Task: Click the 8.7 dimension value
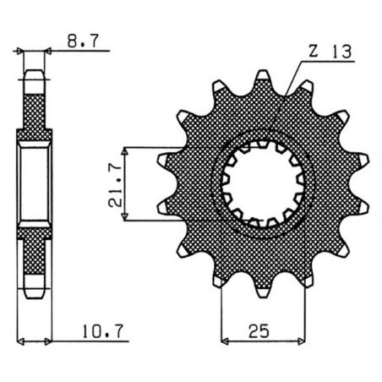point(78,39)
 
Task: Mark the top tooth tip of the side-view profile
point(34,76)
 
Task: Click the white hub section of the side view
point(34,183)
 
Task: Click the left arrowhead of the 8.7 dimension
point(20,52)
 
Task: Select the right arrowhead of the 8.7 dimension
point(47,52)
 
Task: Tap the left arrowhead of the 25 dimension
point(226,342)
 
